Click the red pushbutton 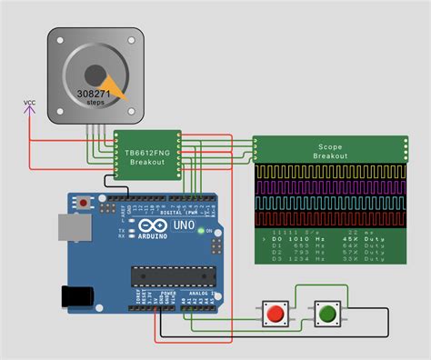pyautogui.click(x=274, y=314)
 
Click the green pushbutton pyautogui.click(x=326, y=314)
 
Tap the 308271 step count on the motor pyautogui.click(x=95, y=94)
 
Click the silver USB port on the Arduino pyautogui.click(x=71, y=229)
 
